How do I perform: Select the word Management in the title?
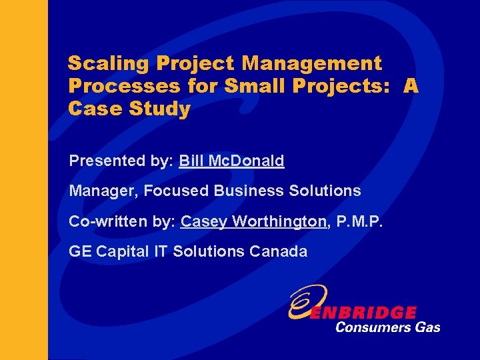[312, 64]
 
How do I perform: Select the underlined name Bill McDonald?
[231, 161]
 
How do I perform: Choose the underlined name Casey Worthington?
[253, 221]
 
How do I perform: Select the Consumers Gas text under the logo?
[387, 327]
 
